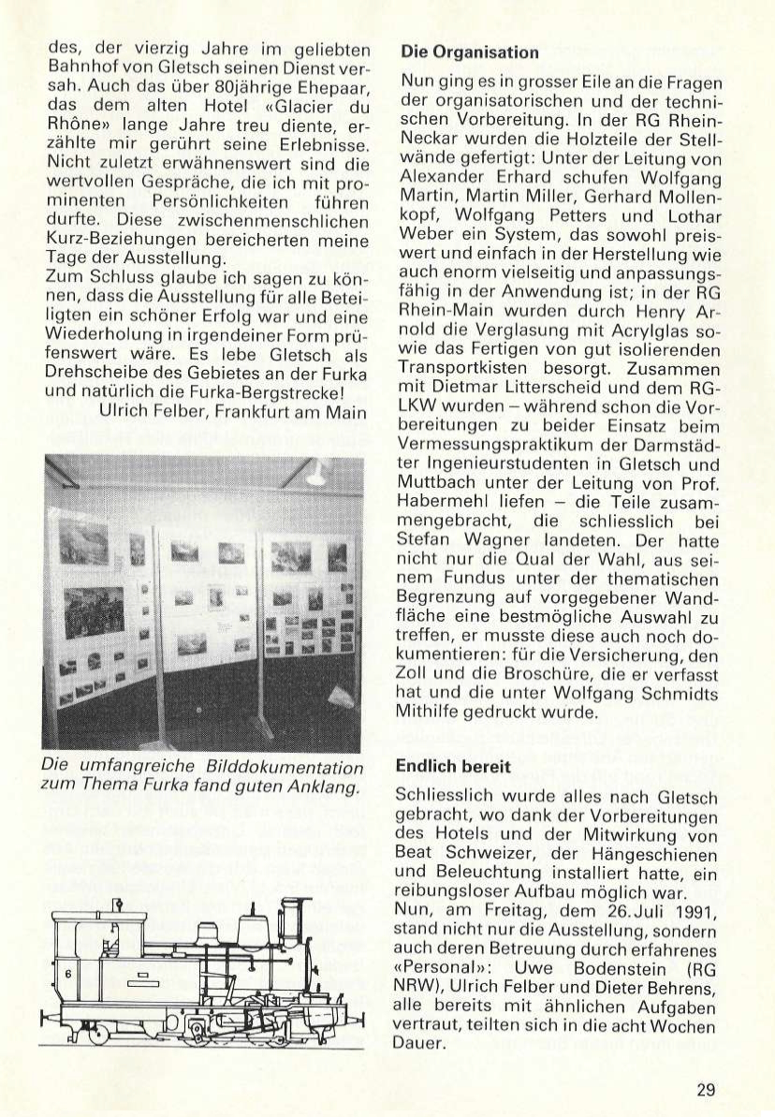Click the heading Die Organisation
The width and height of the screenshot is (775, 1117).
tap(469, 52)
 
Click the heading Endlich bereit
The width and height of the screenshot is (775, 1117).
tap(453, 766)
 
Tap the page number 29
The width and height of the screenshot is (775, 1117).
tap(706, 1089)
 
